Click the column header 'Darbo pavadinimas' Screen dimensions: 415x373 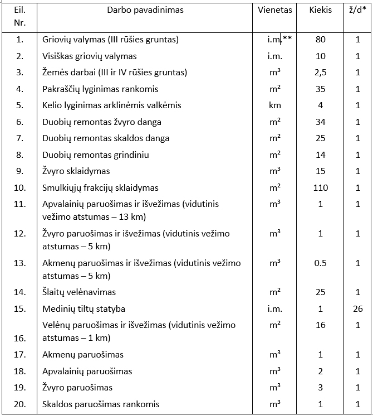[x=144, y=10]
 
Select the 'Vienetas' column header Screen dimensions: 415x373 [x=275, y=10]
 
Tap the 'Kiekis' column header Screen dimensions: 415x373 [x=320, y=10]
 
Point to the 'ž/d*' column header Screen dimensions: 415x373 [x=358, y=10]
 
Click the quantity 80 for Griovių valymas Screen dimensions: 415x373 [x=320, y=40]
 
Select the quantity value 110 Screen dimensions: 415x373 [x=320, y=188]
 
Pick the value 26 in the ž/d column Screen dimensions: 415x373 [x=358, y=309]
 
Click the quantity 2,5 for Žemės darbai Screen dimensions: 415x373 [x=320, y=73]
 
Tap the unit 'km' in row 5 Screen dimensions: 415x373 [x=274, y=105]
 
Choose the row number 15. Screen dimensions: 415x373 [x=20, y=309]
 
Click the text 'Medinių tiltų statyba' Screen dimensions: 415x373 [x=84, y=309]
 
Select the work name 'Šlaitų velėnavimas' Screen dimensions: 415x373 [x=79, y=292]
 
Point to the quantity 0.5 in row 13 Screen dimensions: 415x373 [x=320, y=263]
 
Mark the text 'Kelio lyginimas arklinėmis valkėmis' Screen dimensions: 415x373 [x=112, y=105]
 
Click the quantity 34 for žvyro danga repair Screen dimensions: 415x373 [x=320, y=122]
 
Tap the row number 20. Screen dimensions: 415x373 [x=20, y=404]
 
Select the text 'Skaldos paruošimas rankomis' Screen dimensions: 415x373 [x=101, y=404]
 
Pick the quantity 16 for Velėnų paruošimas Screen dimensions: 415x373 [x=320, y=325]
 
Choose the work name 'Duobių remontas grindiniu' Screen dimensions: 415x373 [x=96, y=155]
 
